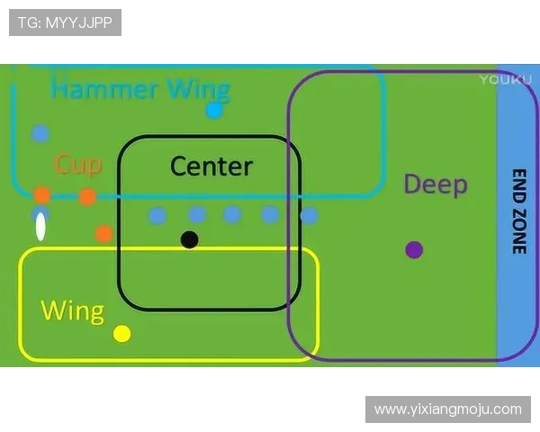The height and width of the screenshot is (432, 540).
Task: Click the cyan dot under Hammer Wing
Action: (214, 111)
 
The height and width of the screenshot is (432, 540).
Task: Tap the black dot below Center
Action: (189, 239)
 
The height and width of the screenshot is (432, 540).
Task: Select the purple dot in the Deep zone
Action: (414, 249)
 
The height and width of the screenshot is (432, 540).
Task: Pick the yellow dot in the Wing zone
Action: (122, 334)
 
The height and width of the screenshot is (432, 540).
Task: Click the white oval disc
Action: (40, 227)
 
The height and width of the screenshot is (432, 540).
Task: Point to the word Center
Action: (211, 166)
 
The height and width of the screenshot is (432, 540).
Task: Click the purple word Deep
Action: (436, 184)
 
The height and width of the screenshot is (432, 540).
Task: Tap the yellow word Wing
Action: (72, 311)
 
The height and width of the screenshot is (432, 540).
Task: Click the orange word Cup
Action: (77, 164)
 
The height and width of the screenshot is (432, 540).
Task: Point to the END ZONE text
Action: (519, 211)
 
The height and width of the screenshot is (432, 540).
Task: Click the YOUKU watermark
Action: (499, 79)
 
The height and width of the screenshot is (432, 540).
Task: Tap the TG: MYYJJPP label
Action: (65, 22)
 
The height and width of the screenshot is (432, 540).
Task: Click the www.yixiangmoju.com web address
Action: (447, 409)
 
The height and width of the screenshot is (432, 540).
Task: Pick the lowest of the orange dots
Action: (103, 233)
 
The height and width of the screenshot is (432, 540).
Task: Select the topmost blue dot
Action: (40, 133)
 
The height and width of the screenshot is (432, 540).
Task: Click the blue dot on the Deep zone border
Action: (309, 216)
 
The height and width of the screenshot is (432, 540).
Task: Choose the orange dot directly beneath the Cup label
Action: (87, 196)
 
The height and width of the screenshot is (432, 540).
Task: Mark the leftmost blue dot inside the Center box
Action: (157, 215)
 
